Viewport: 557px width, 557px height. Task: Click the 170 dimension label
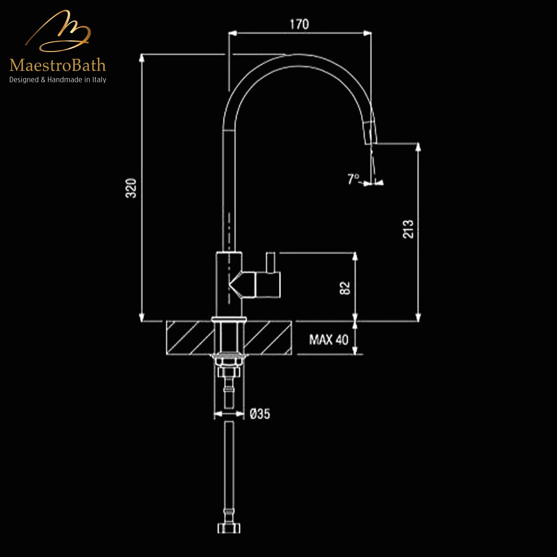[x=299, y=25]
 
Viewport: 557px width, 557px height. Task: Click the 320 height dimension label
[x=131, y=188]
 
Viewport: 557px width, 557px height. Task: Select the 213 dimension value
[x=408, y=229]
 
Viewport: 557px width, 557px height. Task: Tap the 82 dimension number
[x=345, y=288]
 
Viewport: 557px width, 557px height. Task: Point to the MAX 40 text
[x=329, y=339]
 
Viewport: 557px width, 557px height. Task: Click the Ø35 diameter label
[x=260, y=414]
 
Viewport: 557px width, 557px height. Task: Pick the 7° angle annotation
[x=353, y=179]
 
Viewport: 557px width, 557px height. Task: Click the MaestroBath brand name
[x=58, y=66]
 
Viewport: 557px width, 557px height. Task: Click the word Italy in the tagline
[x=99, y=80]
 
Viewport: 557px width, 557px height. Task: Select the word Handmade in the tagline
[x=63, y=80]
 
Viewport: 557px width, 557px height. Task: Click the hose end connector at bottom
[x=229, y=528]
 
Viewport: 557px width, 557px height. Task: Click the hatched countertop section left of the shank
[x=189, y=338]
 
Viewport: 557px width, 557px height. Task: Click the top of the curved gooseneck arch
[x=297, y=61]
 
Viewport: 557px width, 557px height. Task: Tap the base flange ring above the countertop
[x=229, y=319]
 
